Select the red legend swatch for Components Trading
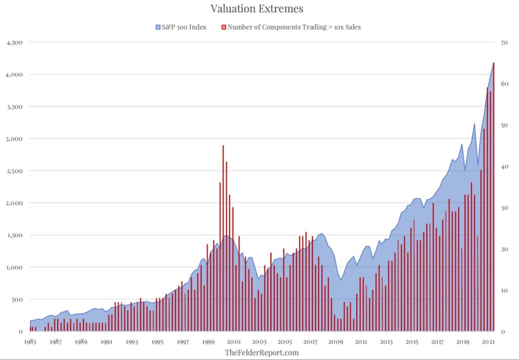[x=224, y=27]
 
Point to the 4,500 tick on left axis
[x=14, y=43]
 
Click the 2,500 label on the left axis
[x=14, y=171]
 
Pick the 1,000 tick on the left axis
[x=14, y=267]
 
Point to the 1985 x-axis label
[x=30, y=342]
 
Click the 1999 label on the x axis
[x=208, y=342]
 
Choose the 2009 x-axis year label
[x=336, y=342]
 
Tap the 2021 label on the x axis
[x=488, y=342]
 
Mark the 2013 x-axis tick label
[x=386, y=342]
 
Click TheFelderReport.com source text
[x=262, y=352]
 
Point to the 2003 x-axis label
[x=259, y=342]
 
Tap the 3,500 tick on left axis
[x=14, y=107]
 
